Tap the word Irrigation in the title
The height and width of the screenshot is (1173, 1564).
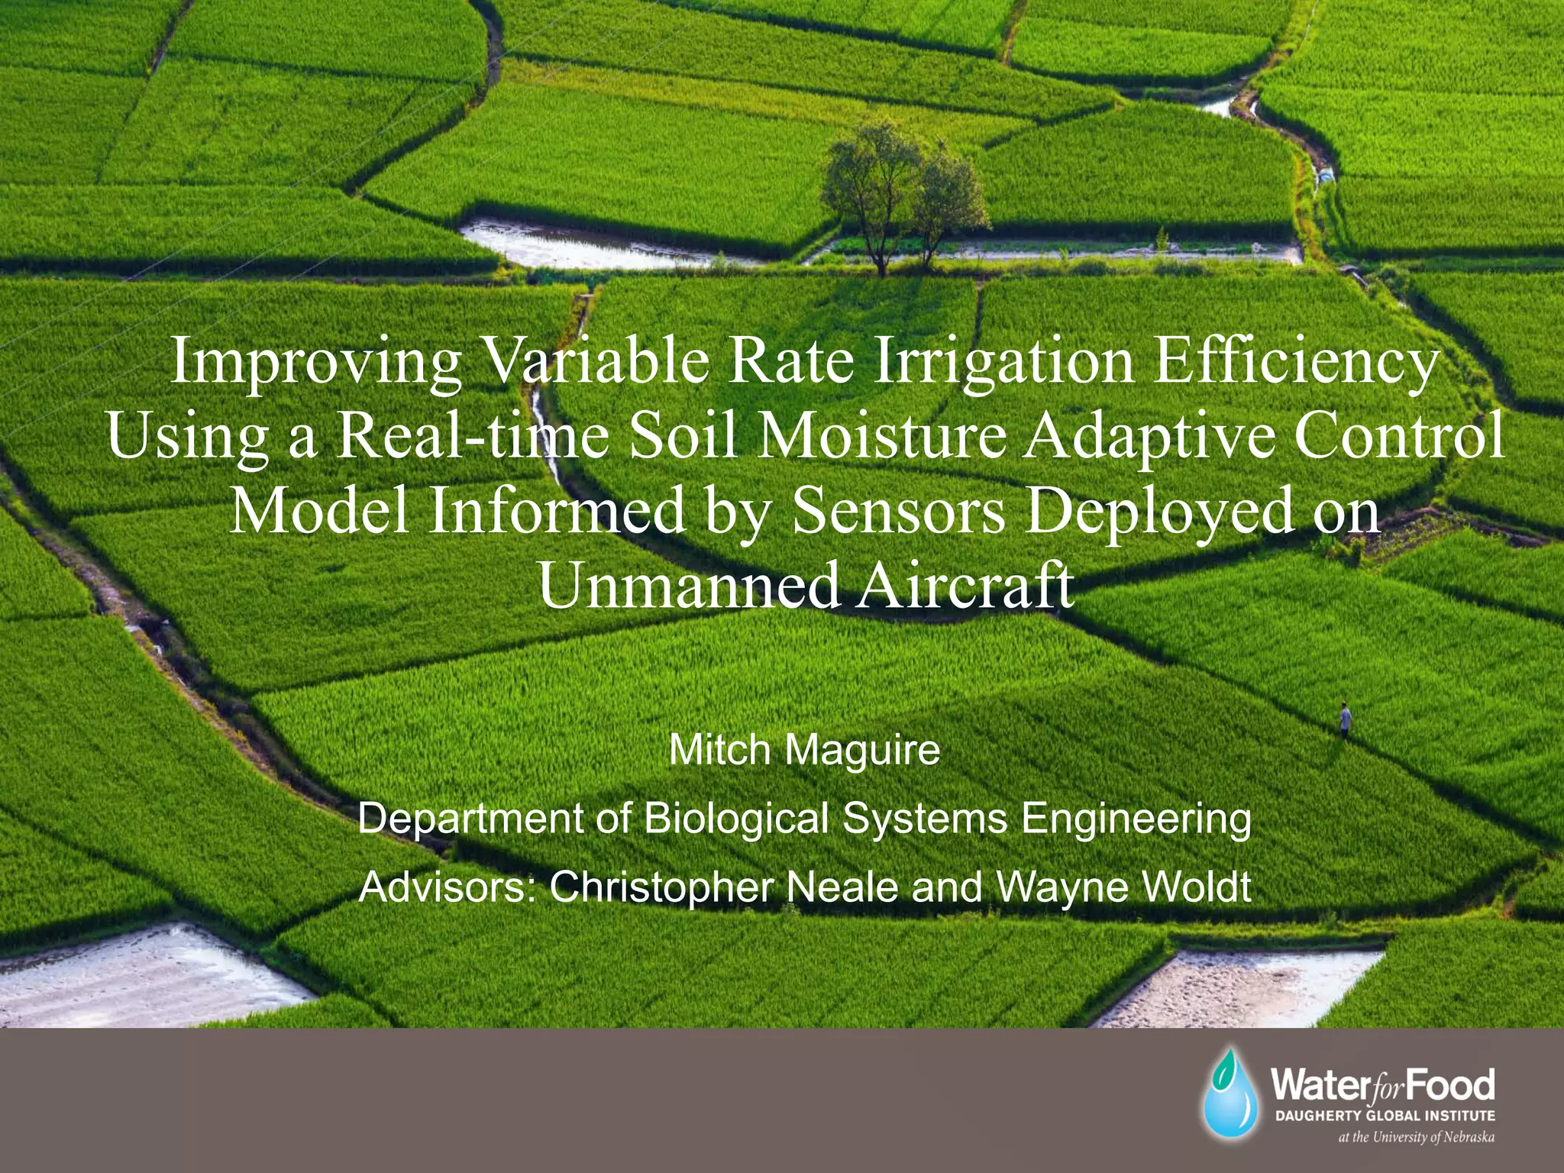coord(1003,362)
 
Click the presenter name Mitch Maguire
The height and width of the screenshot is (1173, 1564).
coord(804,750)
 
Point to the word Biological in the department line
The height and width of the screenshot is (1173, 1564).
coord(736,819)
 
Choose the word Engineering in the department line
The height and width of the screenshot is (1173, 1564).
coord(1136,819)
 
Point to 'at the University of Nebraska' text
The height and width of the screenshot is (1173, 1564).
coord(1416,1137)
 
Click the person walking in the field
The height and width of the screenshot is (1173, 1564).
coord(1345,720)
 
